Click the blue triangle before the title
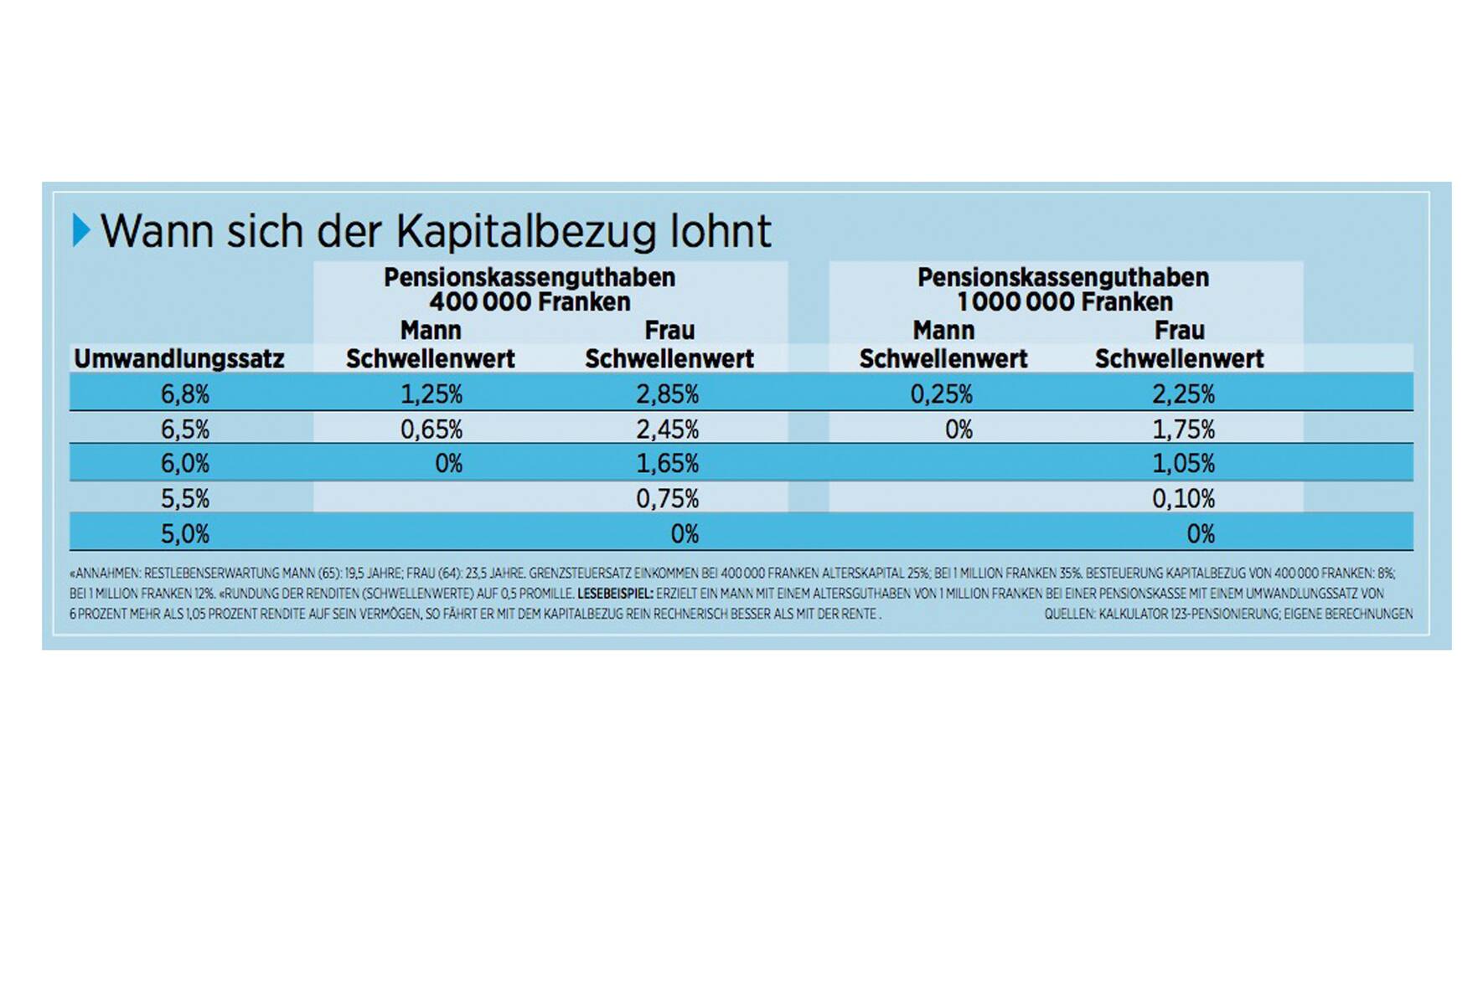pyautogui.click(x=80, y=230)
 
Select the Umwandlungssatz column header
pyautogui.click(x=179, y=359)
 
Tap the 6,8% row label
pyautogui.click(x=185, y=394)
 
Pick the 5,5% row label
pyautogui.click(x=185, y=499)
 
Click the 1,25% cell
pyautogui.click(x=431, y=394)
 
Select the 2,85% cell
pyautogui.click(x=668, y=394)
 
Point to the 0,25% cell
pyautogui.click(x=942, y=394)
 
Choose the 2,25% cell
pyautogui.click(x=1183, y=394)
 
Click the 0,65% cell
pyautogui.click(x=431, y=430)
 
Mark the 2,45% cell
pyautogui.click(x=668, y=430)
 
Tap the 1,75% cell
pyautogui.click(x=1183, y=430)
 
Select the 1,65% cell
pyautogui.click(x=668, y=463)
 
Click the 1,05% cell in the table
pyautogui.click(x=1183, y=463)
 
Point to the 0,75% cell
pyautogui.click(x=668, y=499)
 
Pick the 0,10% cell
pyautogui.click(x=1183, y=499)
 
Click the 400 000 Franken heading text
pyautogui.click(x=530, y=302)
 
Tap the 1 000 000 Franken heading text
pyautogui.click(x=1064, y=302)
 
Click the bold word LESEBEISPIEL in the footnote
pyautogui.click(x=615, y=594)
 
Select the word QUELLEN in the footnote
pyautogui.click(x=1069, y=614)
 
